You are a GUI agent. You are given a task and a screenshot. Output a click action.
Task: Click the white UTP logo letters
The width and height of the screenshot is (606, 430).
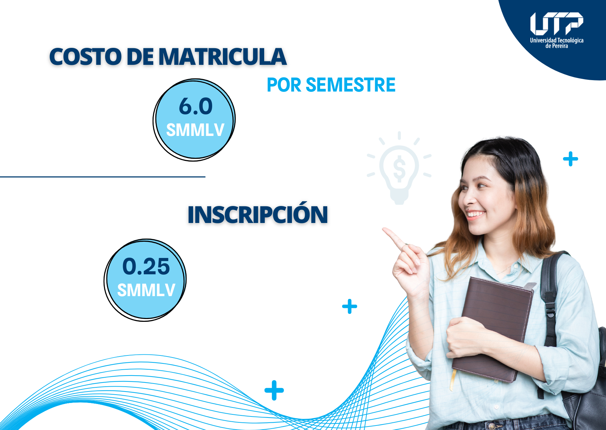tap(556, 24)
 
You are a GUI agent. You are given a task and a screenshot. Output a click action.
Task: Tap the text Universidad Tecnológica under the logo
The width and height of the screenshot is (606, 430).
tap(556, 40)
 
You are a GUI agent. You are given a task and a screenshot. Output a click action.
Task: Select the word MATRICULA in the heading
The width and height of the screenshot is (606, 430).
tap(223, 57)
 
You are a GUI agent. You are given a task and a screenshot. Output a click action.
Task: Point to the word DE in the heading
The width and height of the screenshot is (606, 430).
tap(140, 57)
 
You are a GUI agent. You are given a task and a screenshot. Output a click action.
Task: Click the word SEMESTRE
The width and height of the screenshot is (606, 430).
tap(350, 85)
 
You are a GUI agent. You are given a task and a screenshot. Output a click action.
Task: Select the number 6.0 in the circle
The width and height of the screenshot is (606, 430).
tap(196, 106)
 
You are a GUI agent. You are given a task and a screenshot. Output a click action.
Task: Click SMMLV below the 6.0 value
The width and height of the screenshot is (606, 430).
tap(195, 130)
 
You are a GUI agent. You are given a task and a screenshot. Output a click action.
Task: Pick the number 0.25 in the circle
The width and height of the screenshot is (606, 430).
tap(146, 266)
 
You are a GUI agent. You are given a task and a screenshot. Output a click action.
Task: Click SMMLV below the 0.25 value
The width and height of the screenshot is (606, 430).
tap(146, 290)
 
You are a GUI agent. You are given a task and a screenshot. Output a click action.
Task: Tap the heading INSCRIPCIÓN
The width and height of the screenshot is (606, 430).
tap(258, 214)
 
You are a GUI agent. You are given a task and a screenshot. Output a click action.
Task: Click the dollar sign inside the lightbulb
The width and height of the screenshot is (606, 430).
tap(399, 169)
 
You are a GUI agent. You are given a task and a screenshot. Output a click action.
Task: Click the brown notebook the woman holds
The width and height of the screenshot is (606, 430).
tap(492, 329)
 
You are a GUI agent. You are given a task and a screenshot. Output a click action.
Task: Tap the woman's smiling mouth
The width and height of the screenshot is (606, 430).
tap(475, 214)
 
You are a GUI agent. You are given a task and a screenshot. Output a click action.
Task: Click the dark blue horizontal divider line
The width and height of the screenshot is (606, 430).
tap(103, 177)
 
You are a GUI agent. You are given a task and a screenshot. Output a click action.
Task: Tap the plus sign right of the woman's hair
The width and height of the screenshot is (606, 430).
tap(571, 159)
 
